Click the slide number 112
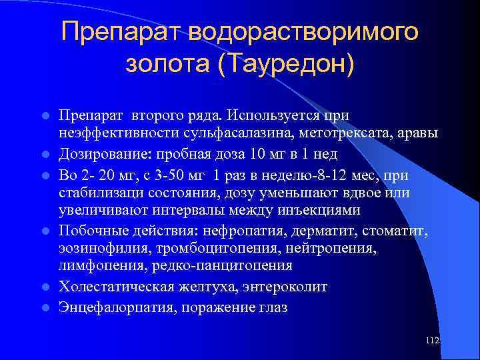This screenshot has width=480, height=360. click(432, 341)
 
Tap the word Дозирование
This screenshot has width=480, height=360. click(103, 154)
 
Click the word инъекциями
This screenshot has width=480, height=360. click(322, 210)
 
